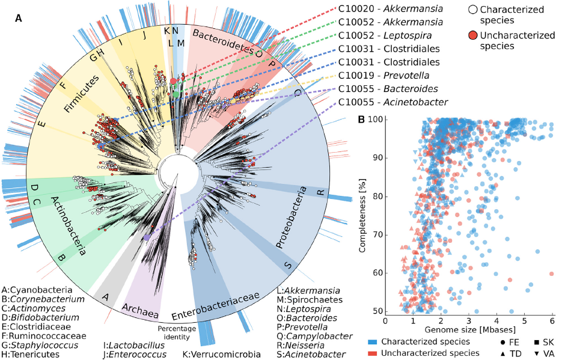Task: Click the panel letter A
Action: (x=18, y=18)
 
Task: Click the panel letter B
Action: (x=362, y=119)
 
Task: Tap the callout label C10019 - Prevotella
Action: (x=384, y=75)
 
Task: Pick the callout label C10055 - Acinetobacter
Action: (x=393, y=102)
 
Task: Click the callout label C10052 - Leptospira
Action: (x=385, y=35)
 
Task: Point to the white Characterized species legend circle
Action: (x=473, y=9)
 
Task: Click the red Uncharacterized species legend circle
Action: (x=473, y=35)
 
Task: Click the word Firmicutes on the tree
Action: (x=82, y=94)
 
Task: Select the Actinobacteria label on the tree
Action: (x=68, y=226)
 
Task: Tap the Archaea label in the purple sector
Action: (x=140, y=311)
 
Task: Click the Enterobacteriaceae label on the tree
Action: (x=215, y=305)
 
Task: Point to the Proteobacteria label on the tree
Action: (x=292, y=218)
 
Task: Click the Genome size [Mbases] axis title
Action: (x=470, y=329)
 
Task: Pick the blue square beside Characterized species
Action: (x=373, y=343)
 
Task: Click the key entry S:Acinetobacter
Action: (x=311, y=355)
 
